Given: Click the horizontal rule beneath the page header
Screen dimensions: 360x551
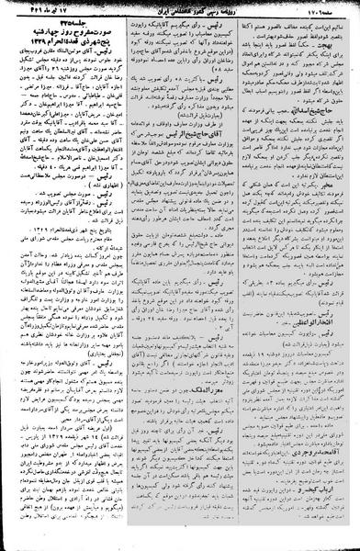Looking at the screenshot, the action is tap(180, 17).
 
